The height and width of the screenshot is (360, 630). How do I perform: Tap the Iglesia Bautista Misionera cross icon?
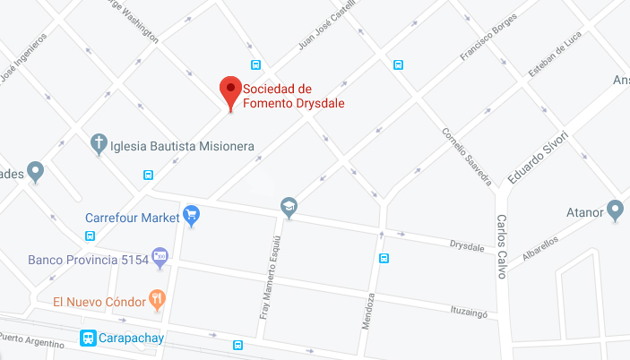(99, 143)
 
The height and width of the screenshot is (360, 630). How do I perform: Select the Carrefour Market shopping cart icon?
(191, 216)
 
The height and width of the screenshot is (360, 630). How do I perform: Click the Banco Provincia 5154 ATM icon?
(160, 258)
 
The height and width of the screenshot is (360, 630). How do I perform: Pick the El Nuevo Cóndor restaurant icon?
(158, 300)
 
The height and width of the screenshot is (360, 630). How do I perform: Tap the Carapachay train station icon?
(88, 339)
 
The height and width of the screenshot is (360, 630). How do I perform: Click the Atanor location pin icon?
(615, 211)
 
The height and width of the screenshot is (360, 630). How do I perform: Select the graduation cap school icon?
(289, 207)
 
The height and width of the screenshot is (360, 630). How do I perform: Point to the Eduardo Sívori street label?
(538, 158)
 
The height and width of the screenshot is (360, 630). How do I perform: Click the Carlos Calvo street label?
(501, 246)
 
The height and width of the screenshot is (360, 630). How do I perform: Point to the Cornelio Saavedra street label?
(466, 156)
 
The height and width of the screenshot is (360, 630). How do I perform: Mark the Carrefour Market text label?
(132, 217)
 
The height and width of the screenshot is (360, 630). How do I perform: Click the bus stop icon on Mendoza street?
(384, 259)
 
